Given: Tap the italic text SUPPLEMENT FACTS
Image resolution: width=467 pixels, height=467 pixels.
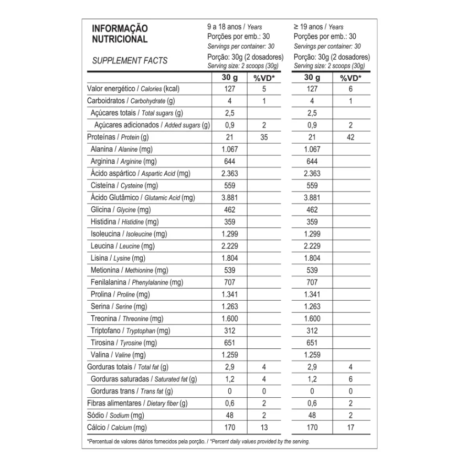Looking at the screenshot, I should (x=130, y=60).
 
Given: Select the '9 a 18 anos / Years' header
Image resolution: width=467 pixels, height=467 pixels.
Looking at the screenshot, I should (x=235, y=27).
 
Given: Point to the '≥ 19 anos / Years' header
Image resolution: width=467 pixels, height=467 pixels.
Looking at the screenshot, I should (x=319, y=27).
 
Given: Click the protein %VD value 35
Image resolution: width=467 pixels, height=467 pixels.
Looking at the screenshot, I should (x=264, y=137).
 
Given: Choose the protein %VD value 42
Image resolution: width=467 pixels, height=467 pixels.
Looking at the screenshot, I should (x=351, y=137).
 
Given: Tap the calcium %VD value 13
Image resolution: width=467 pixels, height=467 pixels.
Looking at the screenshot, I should (x=264, y=427).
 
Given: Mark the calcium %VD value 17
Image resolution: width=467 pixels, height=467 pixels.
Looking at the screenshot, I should (x=351, y=427).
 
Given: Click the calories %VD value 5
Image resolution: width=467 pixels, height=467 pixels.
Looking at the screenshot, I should (x=264, y=89).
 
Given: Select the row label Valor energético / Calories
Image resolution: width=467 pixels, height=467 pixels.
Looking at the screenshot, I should (x=133, y=89).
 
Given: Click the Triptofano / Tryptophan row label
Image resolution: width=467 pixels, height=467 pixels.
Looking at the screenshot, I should (x=130, y=331).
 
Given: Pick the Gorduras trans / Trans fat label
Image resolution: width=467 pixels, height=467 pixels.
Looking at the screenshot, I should (x=132, y=391).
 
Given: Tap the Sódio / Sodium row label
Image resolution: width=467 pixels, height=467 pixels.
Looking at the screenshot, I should (x=115, y=415).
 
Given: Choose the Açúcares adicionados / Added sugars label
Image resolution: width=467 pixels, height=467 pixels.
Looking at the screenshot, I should (x=152, y=125).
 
